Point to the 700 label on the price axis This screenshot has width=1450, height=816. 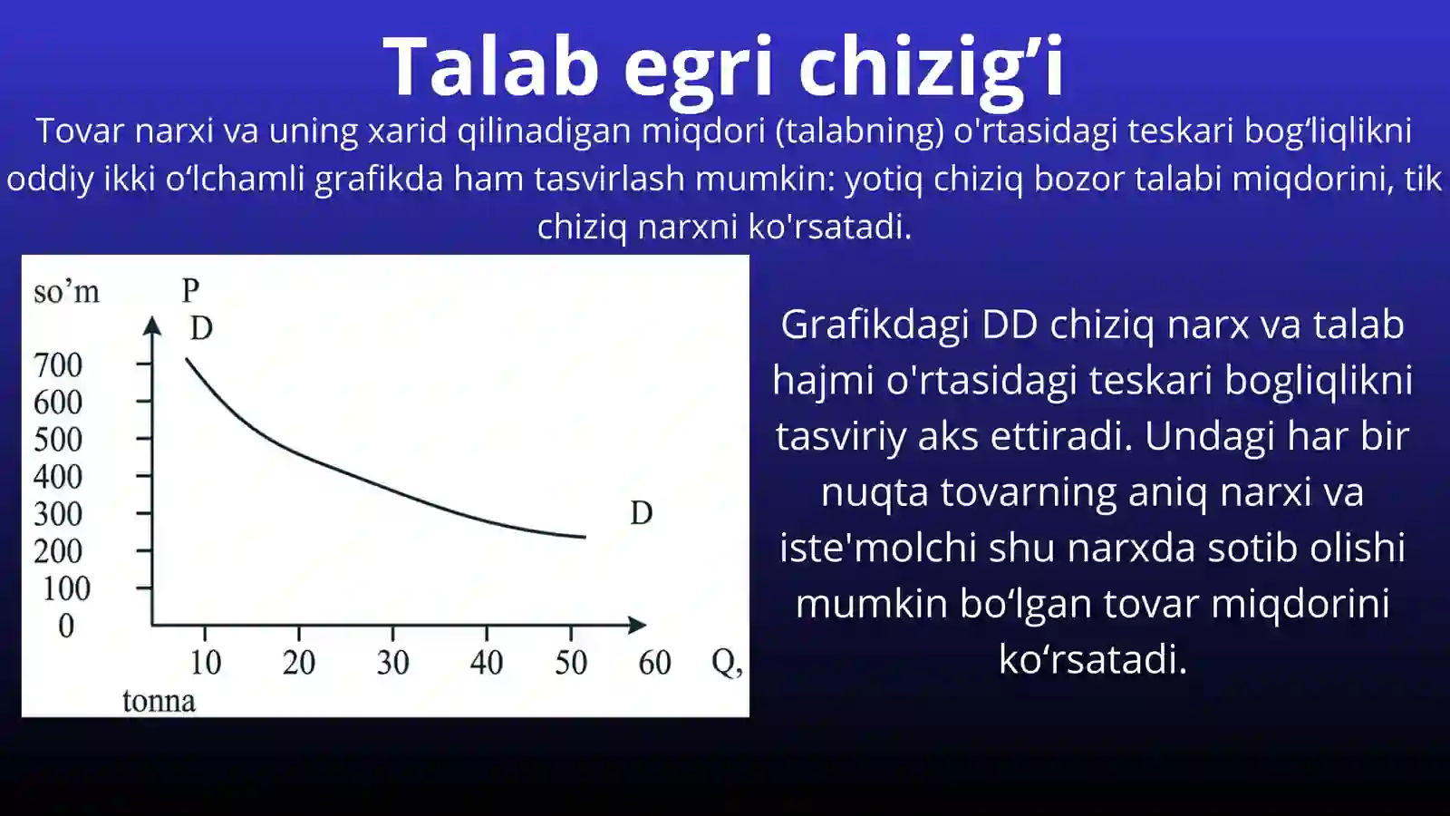(58, 365)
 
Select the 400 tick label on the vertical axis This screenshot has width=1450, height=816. (58, 477)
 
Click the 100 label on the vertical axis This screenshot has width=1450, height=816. (66, 589)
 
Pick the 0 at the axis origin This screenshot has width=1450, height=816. (66, 627)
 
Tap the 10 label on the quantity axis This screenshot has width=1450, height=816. (206, 663)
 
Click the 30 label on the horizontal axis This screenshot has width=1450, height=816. (393, 663)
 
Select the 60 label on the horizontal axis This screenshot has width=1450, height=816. (654, 663)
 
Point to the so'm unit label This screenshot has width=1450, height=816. (66, 292)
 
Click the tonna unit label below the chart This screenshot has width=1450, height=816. (159, 701)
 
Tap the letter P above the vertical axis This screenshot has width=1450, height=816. (190, 290)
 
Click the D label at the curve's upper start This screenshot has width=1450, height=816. (201, 328)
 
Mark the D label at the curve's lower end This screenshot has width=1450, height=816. (642, 513)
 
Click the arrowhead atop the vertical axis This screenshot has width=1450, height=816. (152, 325)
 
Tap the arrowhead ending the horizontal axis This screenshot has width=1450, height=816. (637, 625)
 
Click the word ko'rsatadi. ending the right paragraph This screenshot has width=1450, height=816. (1092, 659)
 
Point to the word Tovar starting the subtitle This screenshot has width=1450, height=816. (80, 131)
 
